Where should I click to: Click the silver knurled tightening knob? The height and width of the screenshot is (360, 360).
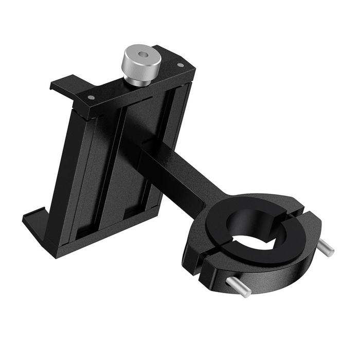[140, 65]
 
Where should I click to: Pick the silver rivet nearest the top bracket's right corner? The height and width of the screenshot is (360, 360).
[180, 65]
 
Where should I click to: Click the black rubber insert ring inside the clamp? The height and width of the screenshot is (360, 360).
[231, 247]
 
